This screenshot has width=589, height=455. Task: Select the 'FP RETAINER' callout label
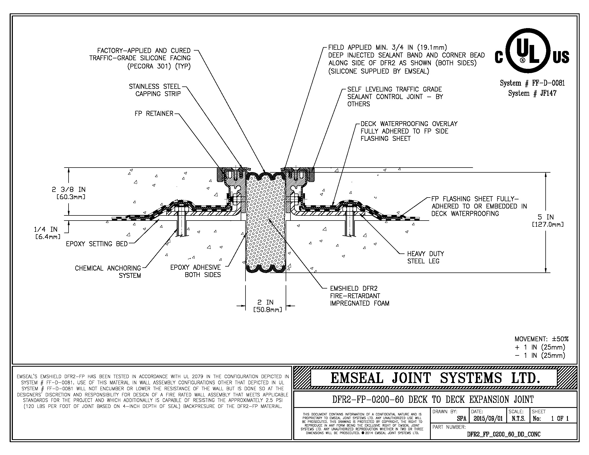(x=154, y=114)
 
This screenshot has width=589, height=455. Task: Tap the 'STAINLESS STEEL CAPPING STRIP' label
(x=155, y=90)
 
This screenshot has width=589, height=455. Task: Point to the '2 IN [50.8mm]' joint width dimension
(x=267, y=306)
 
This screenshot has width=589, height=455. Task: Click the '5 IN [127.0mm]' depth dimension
(x=548, y=221)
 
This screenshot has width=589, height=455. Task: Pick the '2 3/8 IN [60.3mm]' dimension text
(x=69, y=193)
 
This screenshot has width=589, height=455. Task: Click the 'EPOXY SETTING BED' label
(x=97, y=244)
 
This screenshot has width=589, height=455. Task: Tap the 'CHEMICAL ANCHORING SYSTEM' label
(x=108, y=272)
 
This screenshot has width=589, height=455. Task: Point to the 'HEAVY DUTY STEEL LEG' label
(x=425, y=257)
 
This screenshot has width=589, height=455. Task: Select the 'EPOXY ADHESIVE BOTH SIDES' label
(x=195, y=271)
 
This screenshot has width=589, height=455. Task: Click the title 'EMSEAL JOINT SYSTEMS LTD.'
(x=435, y=378)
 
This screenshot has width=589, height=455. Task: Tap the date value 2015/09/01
(x=488, y=419)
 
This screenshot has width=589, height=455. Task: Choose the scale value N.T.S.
(x=518, y=419)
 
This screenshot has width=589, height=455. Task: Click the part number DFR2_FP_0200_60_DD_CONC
(x=504, y=434)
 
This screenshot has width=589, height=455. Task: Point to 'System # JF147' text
(x=532, y=93)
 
